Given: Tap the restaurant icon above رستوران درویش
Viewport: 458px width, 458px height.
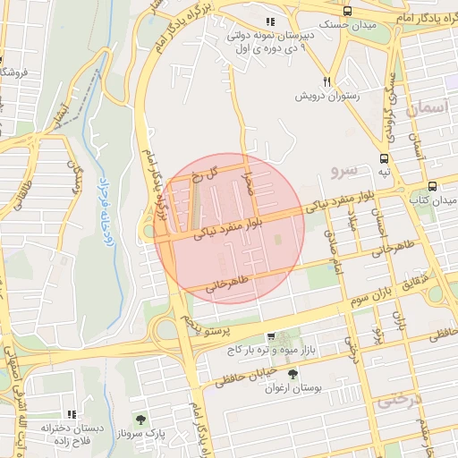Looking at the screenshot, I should (327, 80).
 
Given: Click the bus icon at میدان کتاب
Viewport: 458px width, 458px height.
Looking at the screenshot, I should (433, 186).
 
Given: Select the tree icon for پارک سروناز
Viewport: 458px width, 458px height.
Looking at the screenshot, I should (139, 418).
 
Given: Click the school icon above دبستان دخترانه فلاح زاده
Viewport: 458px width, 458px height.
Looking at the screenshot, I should (72, 415).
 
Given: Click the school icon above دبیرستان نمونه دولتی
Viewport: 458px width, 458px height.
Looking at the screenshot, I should (270, 22).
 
